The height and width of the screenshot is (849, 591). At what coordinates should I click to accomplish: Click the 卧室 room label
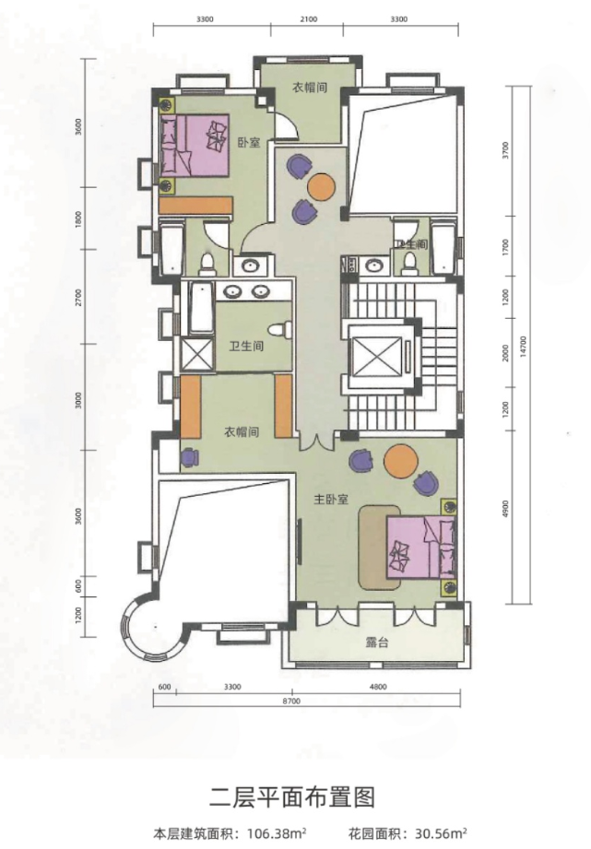click(246, 142)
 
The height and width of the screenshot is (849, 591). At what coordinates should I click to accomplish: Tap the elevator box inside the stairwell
click(375, 353)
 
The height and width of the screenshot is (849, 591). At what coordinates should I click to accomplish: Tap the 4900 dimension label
click(504, 513)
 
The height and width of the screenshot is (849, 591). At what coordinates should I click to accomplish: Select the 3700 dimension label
click(504, 150)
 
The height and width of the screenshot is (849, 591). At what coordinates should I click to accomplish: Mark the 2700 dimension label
click(81, 298)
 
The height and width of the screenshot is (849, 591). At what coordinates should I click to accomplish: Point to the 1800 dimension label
click(81, 218)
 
